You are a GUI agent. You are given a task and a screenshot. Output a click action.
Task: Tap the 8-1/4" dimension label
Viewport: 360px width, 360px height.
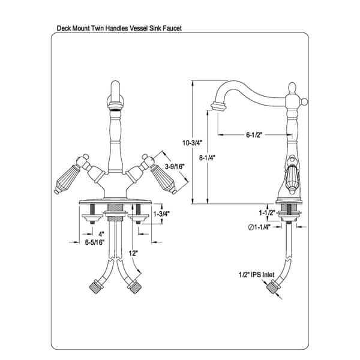click(207, 158)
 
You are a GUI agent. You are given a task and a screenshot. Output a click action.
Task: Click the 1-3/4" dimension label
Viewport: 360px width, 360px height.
click(161, 214)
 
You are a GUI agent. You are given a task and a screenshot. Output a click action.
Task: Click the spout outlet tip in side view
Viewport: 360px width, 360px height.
click(217, 107)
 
